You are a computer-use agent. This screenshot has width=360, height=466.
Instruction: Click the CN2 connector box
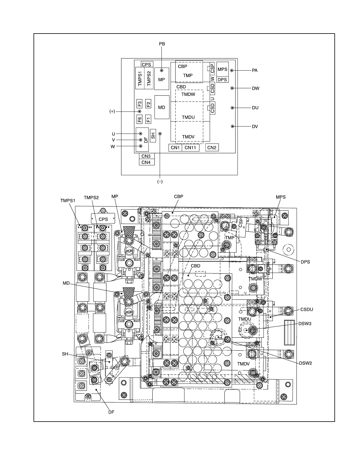[x=212, y=148]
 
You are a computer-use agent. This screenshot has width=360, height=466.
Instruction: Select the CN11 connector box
[x=190, y=148]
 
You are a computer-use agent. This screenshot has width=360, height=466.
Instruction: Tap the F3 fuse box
[x=140, y=104]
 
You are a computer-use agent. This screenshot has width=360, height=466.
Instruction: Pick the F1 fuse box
[x=149, y=119]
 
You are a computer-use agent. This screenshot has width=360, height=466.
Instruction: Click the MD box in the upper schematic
[x=162, y=107]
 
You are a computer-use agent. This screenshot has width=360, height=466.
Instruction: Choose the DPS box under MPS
[x=222, y=80]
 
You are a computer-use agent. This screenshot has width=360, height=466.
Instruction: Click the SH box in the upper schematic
[x=153, y=135]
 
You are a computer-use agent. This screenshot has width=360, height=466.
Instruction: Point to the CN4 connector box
[x=146, y=162]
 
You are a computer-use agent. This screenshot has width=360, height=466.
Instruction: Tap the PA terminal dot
[x=232, y=71]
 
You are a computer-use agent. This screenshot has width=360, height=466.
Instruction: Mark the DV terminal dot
[x=232, y=127]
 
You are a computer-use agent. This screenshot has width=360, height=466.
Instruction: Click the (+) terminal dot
[x=140, y=111]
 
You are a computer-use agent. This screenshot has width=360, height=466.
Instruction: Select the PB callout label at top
[x=162, y=44]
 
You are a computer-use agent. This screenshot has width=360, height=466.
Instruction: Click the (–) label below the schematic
[x=160, y=182]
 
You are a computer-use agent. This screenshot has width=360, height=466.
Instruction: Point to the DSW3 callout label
[x=305, y=324]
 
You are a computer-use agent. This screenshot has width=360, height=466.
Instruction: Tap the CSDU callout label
[x=307, y=309]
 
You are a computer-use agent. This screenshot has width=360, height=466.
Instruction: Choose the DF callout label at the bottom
[x=111, y=412]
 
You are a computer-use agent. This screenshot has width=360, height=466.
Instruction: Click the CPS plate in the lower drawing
[x=103, y=219]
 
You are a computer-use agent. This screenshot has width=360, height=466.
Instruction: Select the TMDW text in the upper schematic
[x=188, y=94]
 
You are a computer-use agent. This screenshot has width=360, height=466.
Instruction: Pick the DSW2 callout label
[x=306, y=363]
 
